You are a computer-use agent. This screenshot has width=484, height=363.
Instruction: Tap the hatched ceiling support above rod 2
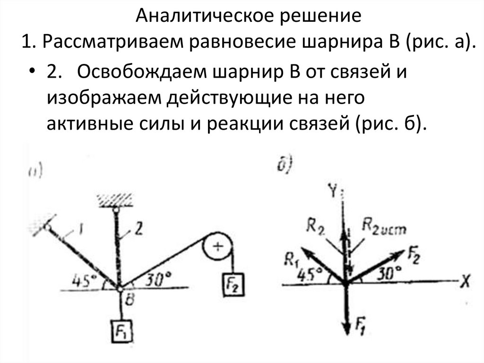pyautogui.click(x=115, y=199)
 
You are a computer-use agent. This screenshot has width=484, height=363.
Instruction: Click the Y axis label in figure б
pyautogui.click(x=334, y=191)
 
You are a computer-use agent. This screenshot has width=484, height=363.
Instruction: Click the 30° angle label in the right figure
pyautogui.click(x=390, y=273)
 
